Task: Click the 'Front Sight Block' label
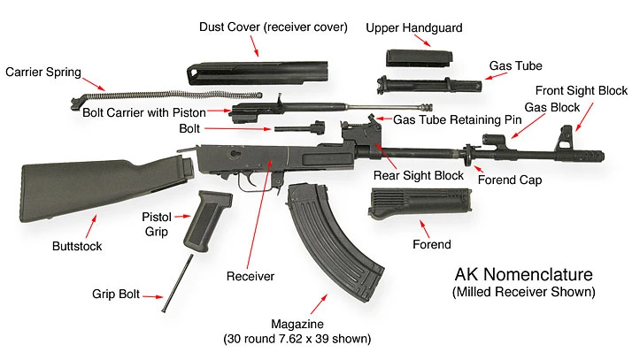(x=579, y=90)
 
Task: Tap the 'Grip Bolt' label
(x=119, y=295)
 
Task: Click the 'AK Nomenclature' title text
(x=523, y=275)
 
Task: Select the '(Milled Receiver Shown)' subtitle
(x=523, y=291)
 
